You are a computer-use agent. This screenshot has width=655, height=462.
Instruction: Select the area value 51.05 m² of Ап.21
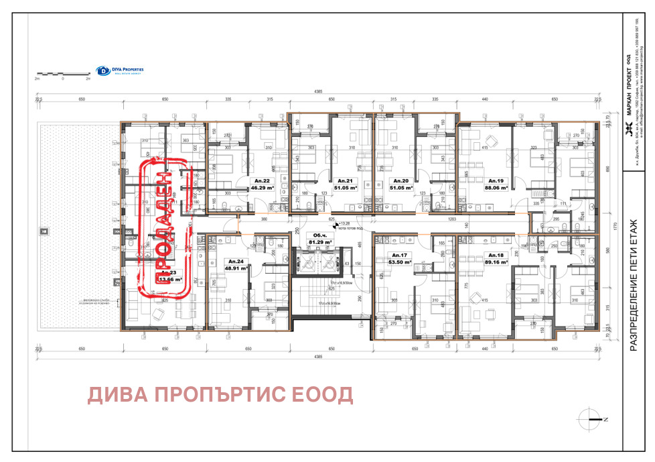(346, 188)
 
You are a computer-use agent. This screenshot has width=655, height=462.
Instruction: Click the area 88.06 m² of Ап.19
(496, 188)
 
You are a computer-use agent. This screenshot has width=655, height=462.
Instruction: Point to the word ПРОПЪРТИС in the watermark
(218, 395)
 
